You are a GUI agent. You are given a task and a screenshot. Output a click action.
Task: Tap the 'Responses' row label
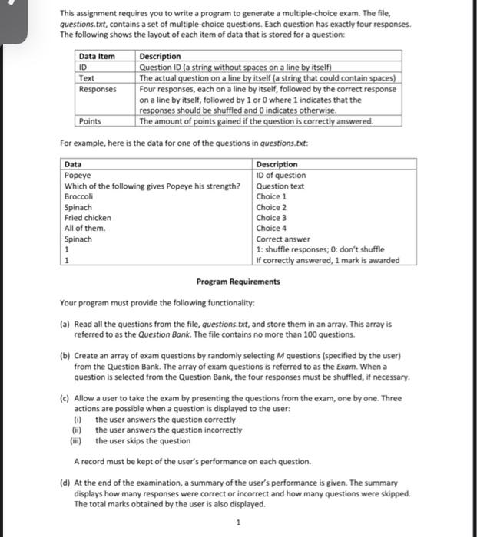pyautogui.click(x=98, y=89)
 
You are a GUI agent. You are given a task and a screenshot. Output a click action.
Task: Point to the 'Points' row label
pyautogui.click(x=90, y=121)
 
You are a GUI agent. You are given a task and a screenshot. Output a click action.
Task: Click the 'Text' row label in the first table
pyautogui.click(x=87, y=77)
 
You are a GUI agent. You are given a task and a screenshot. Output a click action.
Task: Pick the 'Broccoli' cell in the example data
pyautogui.click(x=79, y=196)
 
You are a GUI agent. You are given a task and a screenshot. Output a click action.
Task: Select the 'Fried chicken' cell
pyautogui.click(x=88, y=218)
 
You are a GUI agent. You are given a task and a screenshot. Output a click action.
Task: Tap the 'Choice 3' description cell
pyautogui.click(x=271, y=218)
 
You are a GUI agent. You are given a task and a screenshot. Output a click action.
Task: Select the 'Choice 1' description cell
pyautogui.click(x=271, y=196)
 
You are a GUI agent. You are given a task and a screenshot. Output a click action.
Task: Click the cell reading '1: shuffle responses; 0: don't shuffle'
pyautogui.click(x=320, y=249)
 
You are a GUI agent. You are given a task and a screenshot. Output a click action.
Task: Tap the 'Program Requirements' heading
pyautogui.click(x=238, y=282)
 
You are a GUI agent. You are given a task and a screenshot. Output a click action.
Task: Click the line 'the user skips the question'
pyautogui.click(x=143, y=441)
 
